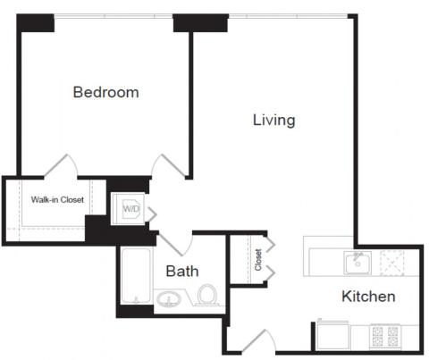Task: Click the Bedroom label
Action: (x=106, y=92)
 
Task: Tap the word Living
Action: (x=274, y=121)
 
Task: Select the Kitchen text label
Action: (x=368, y=297)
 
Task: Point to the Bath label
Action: (x=182, y=272)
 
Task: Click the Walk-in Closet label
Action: (x=57, y=199)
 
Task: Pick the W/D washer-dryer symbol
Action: (x=130, y=209)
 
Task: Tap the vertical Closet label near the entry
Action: (x=258, y=260)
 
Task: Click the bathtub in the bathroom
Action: (x=136, y=276)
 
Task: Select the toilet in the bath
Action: (x=207, y=295)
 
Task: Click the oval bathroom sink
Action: (x=169, y=298)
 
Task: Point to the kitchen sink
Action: (x=357, y=263)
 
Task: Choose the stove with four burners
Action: (x=385, y=337)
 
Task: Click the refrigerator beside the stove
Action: (x=332, y=335)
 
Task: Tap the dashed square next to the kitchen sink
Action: (x=392, y=263)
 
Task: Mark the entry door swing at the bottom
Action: (x=258, y=342)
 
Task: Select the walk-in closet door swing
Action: (x=61, y=165)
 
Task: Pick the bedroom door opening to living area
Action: (x=169, y=165)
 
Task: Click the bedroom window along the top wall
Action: (x=114, y=16)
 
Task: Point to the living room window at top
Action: (x=289, y=16)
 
